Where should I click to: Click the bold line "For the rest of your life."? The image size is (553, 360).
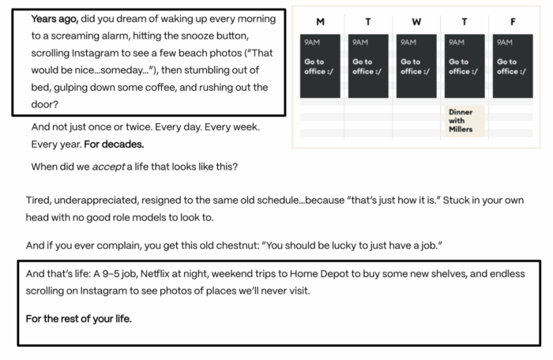click(79, 318)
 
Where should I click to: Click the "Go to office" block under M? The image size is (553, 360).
click(320, 66)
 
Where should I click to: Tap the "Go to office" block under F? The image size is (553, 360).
click(512, 66)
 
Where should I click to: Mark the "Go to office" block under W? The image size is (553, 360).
click(416, 66)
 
